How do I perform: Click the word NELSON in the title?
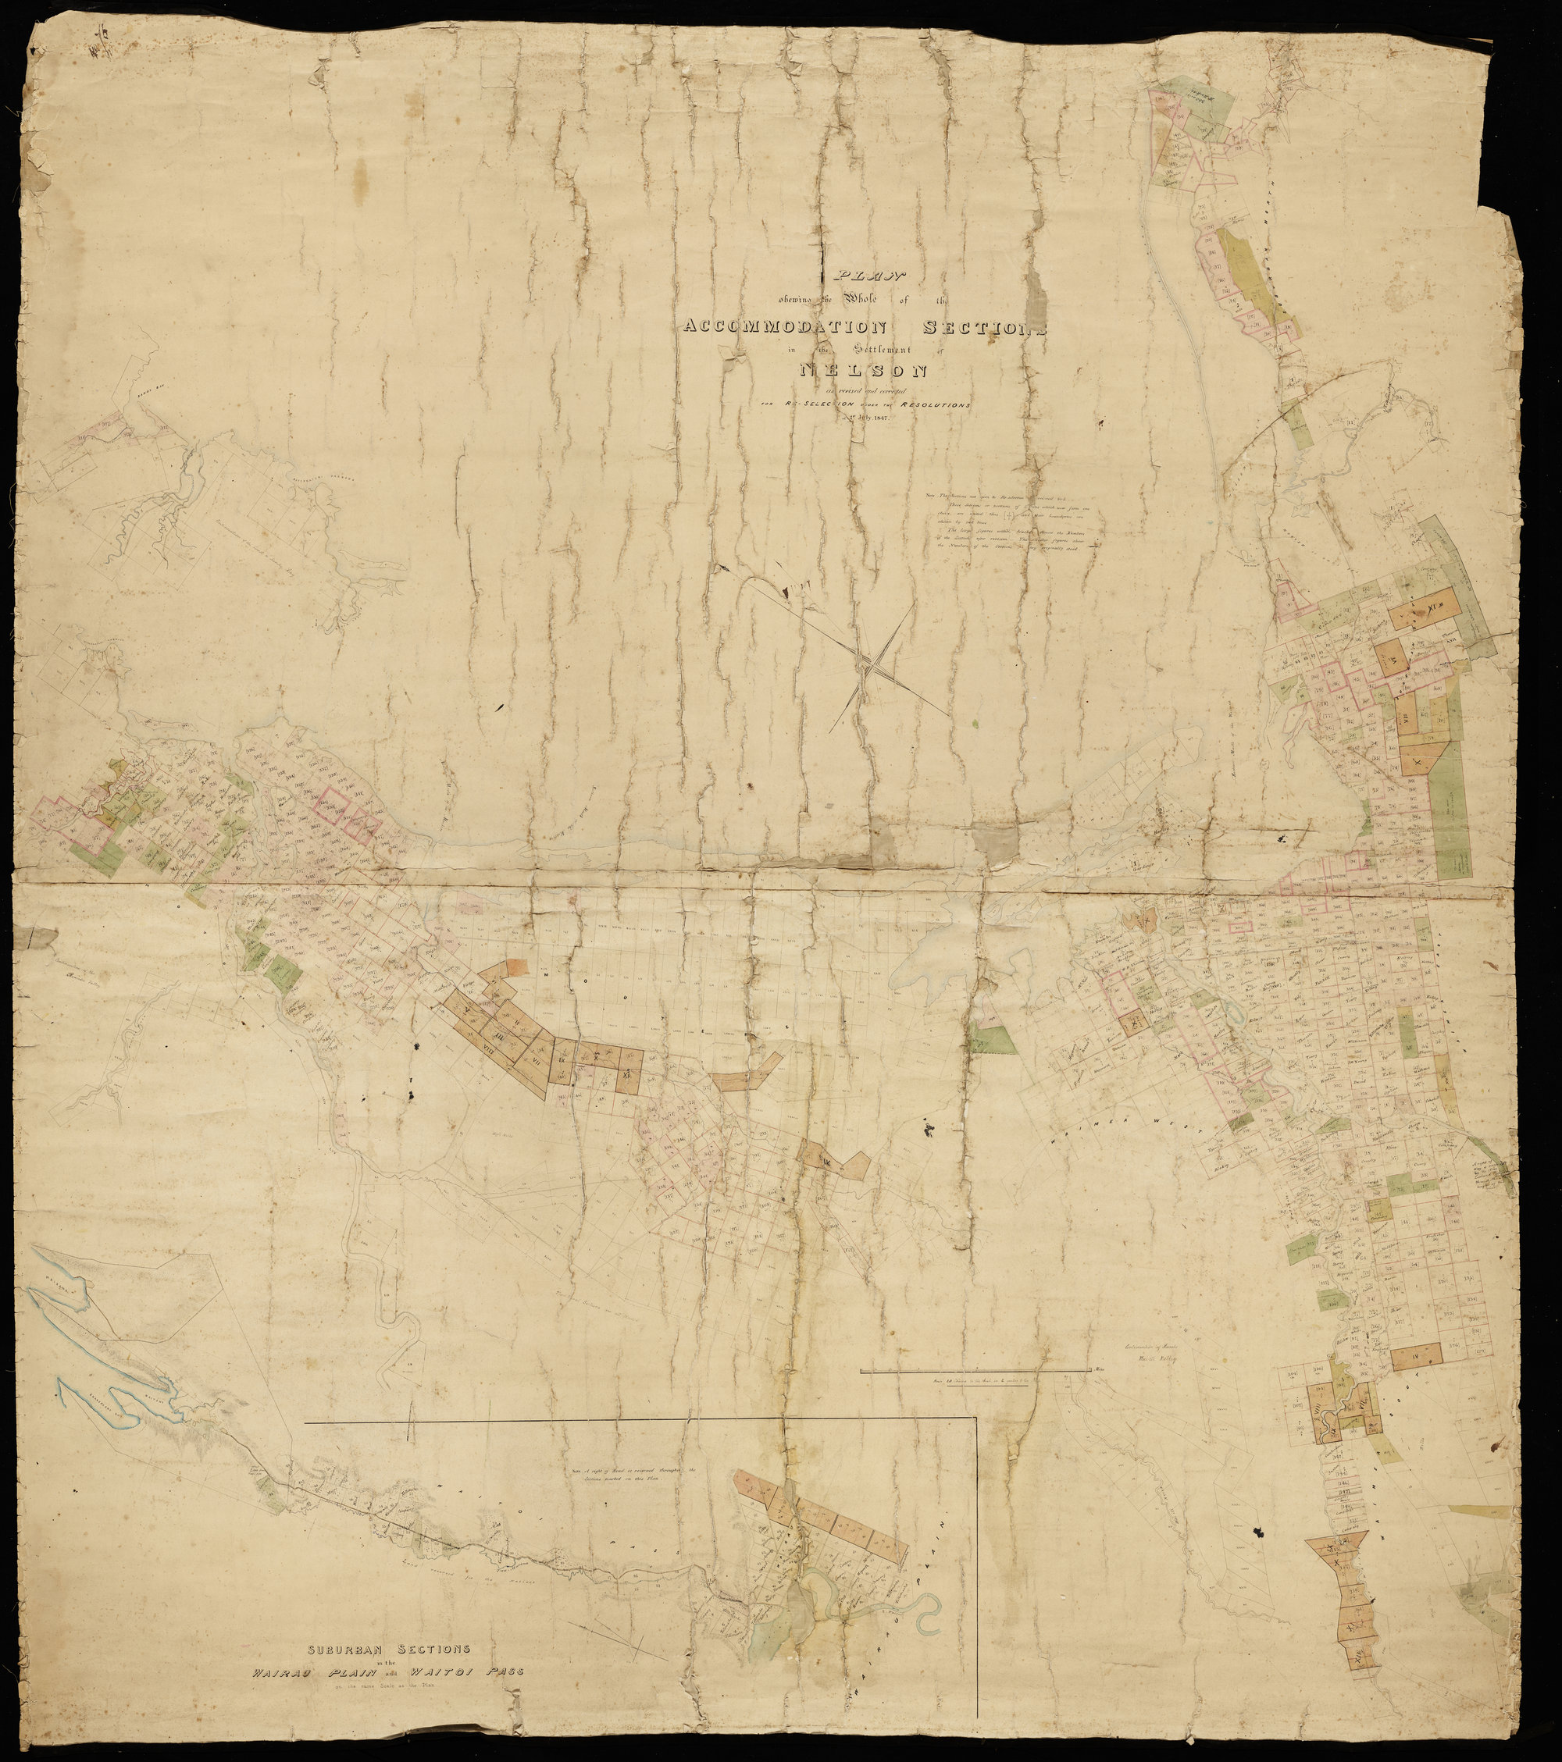click(863, 371)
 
